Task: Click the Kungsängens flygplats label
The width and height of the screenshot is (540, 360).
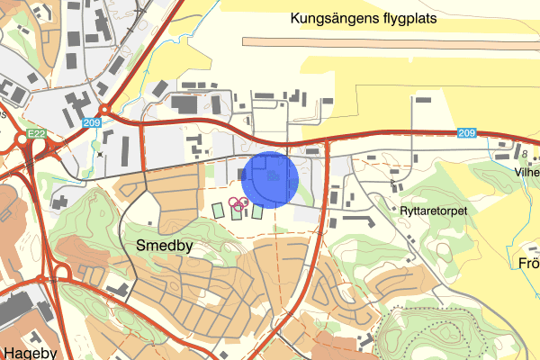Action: [x=376, y=18]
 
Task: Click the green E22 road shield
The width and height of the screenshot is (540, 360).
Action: [x=36, y=133]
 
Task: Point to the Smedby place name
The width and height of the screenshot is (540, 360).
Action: [x=164, y=245]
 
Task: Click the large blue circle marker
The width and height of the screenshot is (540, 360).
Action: [x=271, y=179]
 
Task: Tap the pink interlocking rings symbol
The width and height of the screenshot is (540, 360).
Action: [x=238, y=203]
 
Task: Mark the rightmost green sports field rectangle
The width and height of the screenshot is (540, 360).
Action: [x=257, y=212]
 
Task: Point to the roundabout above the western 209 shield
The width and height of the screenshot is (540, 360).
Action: [x=105, y=110]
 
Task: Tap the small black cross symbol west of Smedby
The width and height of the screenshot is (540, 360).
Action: [x=100, y=155]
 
